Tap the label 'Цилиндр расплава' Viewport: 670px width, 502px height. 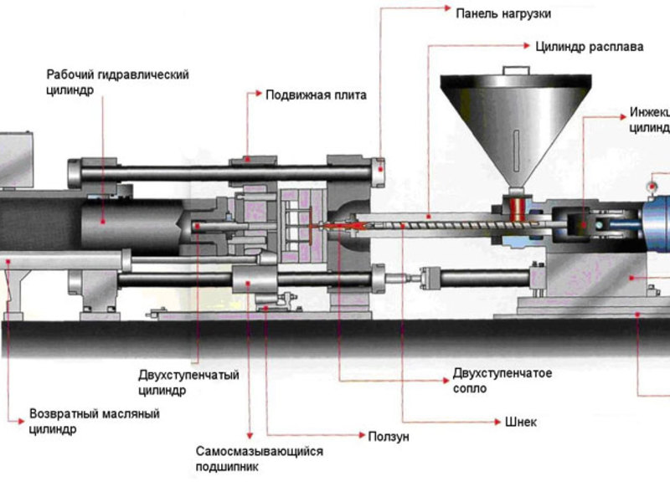coord(590,47)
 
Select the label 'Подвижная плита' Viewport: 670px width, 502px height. coord(316,95)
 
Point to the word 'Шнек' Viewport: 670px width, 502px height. coord(520,422)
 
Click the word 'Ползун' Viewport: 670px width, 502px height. coord(389,437)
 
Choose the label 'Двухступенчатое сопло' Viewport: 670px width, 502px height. coord(502,381)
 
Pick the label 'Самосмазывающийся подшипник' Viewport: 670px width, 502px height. coord(259,459)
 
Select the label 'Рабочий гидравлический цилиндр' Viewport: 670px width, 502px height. coord(117,82)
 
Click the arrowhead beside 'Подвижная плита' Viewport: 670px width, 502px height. coord(254,95)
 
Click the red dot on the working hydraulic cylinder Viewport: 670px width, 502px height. coord(103,220)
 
